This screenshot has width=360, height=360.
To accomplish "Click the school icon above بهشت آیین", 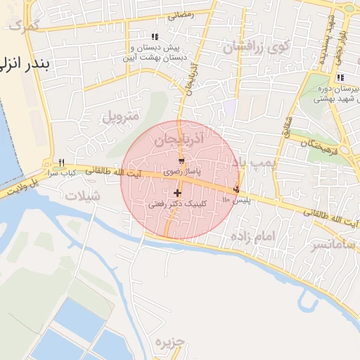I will pos(155,37).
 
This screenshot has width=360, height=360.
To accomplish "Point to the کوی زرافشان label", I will pos(257,47).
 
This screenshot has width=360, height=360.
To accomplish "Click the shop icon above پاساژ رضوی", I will pos(182,162).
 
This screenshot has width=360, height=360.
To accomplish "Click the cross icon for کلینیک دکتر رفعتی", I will pos(176,193).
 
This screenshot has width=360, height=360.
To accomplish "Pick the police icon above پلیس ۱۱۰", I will pos(236,189).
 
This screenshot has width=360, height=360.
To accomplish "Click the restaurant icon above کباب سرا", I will pos(63,162).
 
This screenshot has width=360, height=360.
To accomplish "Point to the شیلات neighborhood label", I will pos(82,196).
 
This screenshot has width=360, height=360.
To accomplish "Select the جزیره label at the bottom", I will pos(169,342).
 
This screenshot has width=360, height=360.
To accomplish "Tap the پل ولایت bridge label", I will pos(18,188).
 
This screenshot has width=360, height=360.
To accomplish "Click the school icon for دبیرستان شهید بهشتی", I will pos(340,78).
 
